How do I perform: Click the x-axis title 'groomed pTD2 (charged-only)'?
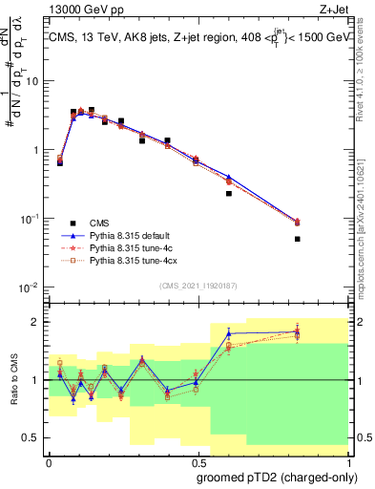(x=276, y=477)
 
